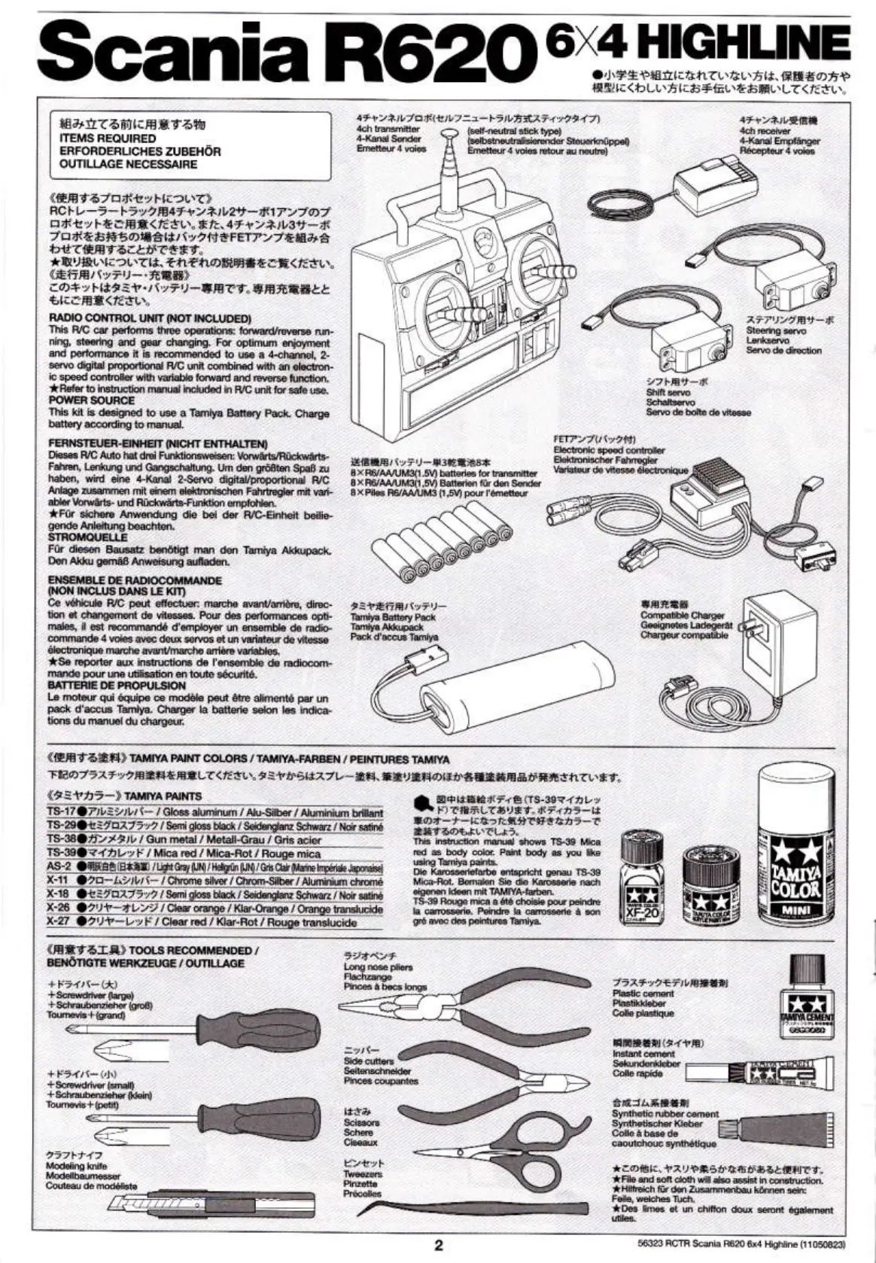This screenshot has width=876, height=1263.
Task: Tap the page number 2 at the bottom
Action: (439, 1243)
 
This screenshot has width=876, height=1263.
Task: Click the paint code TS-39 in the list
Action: (61, 853)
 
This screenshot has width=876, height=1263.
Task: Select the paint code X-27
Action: (58, 921)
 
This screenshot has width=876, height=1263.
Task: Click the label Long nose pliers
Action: (378, 966)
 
